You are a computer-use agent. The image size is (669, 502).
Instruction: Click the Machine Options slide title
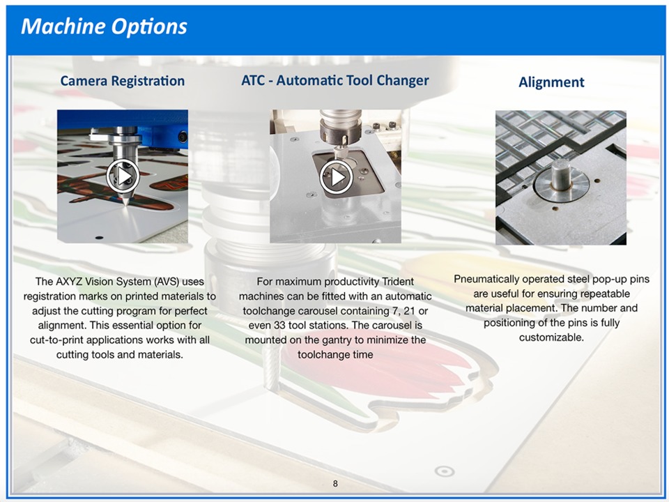point(104,26)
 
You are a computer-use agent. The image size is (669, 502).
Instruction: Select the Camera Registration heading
point(123,81)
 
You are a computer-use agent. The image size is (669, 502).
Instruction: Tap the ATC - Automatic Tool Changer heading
point(335,80)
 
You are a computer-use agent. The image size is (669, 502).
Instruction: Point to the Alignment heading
point(551,82)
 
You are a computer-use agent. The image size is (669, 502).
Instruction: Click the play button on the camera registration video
point(123,176)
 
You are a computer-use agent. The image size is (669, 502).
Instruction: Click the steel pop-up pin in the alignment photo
point(561,174)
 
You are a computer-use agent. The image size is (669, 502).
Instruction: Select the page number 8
point(335,483)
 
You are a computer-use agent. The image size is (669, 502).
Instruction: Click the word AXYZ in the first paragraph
point(70,282)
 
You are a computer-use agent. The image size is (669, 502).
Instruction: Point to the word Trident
point(398,282)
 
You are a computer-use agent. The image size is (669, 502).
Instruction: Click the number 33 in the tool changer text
point(279,326)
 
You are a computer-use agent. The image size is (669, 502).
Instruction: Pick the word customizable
point(551,337)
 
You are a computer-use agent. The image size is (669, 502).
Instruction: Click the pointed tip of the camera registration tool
point(126,204)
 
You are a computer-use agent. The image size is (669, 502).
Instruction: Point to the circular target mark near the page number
point(444,471)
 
